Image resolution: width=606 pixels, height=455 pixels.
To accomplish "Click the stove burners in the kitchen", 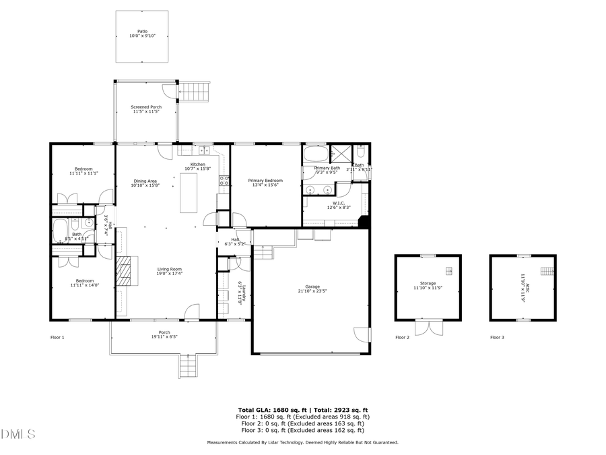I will coord(224,180).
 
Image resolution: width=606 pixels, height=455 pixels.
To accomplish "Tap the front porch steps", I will coord(189,366).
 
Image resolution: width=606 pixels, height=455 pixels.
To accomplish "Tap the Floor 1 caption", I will coord(57,337).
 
